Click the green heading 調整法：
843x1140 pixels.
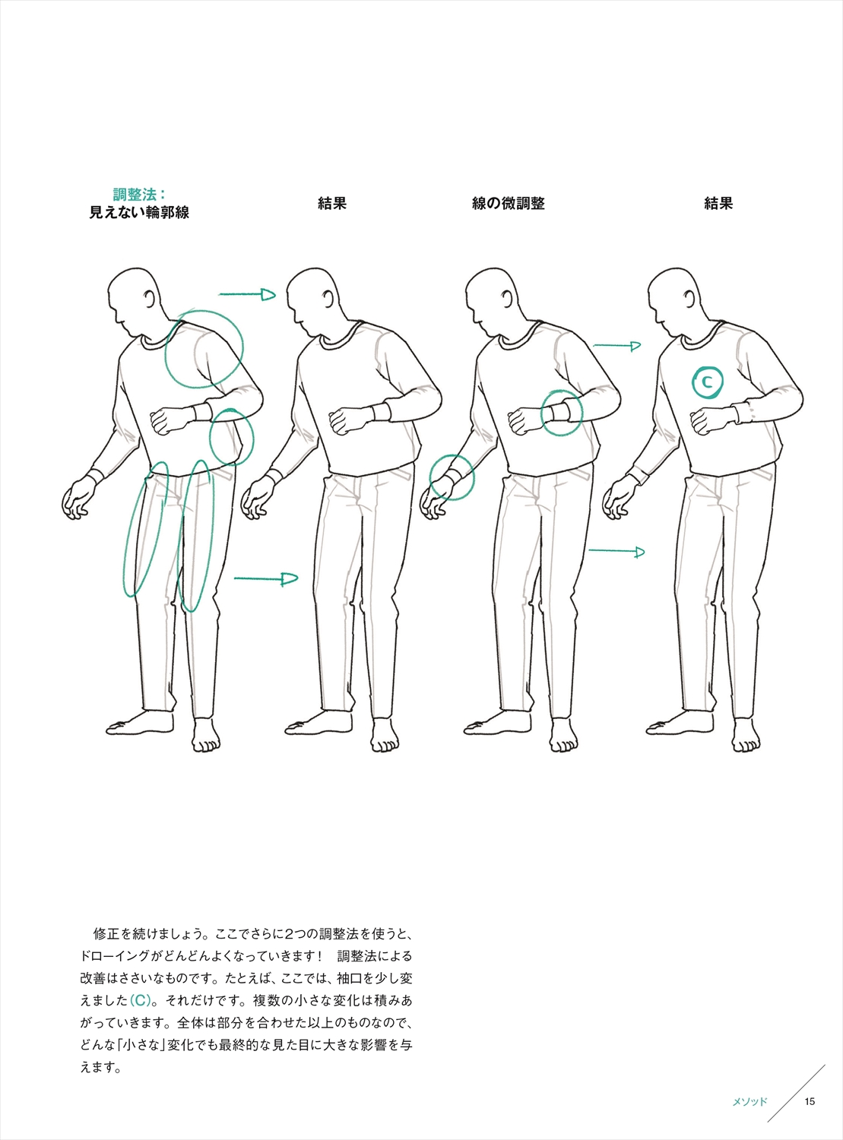140,195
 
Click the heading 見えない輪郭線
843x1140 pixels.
139,212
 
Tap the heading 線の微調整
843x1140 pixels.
509,204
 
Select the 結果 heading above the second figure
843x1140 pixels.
332,204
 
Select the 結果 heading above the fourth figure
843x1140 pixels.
718,204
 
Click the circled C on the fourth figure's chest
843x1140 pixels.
707,382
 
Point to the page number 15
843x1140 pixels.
810,1101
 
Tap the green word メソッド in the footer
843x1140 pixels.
750,1101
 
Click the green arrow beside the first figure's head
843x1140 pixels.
247,295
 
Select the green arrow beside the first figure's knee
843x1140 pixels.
266,578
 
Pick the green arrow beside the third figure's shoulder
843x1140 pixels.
616,346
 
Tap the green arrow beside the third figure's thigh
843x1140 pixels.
616,552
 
